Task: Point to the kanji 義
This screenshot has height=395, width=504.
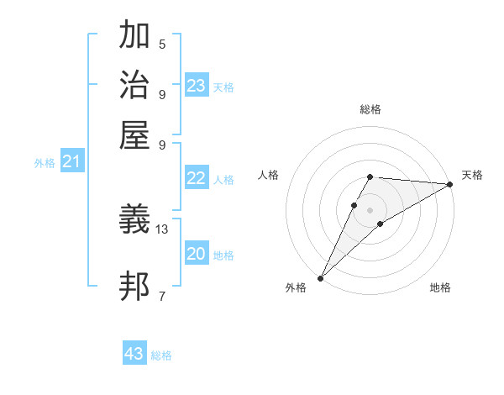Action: click(x=135, y=220)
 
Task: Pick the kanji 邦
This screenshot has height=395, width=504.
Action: click(x=135, y=286)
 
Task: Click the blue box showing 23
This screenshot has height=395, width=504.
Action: click(x=197, y=86)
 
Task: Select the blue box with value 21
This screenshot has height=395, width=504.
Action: click(x=71, y=162)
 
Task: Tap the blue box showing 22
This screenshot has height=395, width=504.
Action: click(x=197, y=178)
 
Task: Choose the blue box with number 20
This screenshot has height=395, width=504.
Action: click(x=197, y=254)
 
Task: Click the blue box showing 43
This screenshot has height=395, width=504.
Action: click(x=134, y=354)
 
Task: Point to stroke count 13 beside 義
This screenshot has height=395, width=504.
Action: click(x=162, y=229)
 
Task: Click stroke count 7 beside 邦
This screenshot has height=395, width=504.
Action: click(x=161, y=295)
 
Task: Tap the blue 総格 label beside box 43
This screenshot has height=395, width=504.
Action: click(x=161, y=355)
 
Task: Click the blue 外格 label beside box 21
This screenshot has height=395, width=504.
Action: click(x=44, y=164)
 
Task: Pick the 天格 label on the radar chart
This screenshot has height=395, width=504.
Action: click(x=472, y=175)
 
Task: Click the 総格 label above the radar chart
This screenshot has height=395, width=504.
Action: click(x=370, y=109)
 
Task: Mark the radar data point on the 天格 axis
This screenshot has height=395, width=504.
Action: click(x=450, y=185)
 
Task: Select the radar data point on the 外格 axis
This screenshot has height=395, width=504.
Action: click(x=320, y=277)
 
